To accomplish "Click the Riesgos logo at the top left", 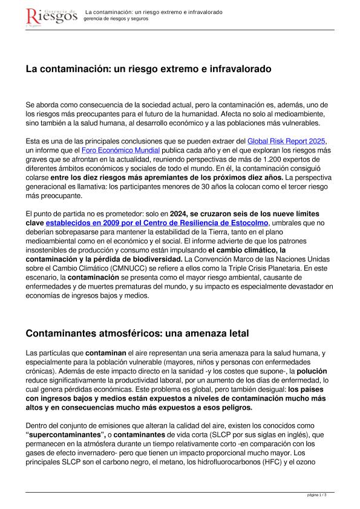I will click(51, 16).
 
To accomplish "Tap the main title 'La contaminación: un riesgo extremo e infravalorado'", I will click(149, 70).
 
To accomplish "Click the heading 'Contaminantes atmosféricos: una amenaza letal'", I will click(137, 333).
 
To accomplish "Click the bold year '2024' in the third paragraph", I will click(182, 213).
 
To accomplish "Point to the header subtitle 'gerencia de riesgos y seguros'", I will click(116, 19).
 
